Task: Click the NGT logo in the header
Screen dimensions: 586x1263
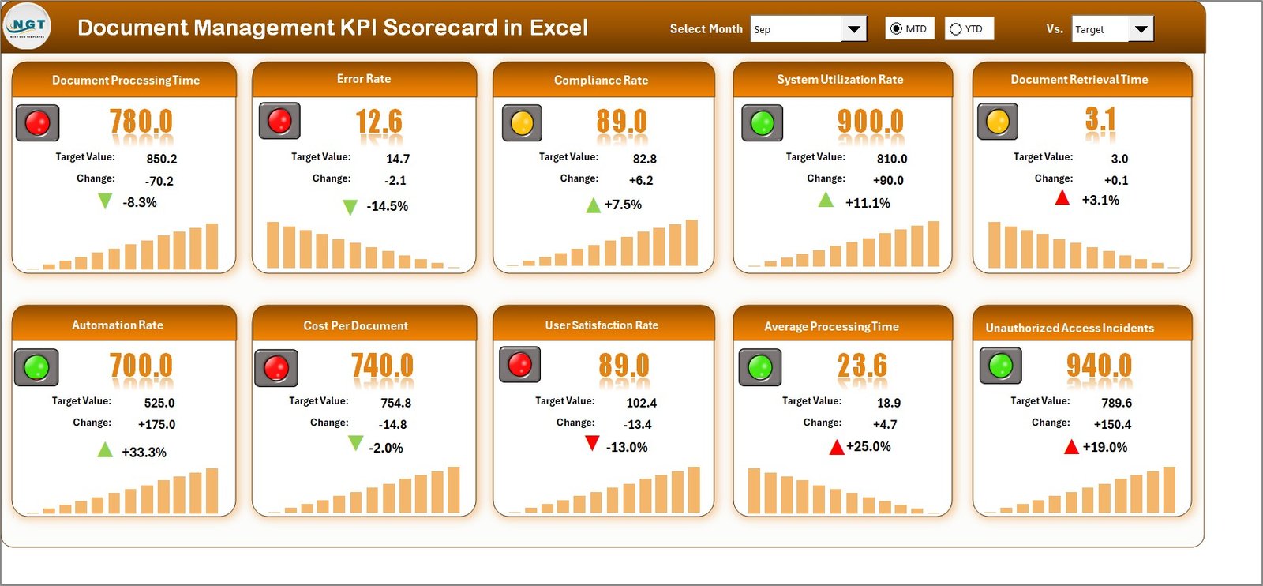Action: [x=28, y=26]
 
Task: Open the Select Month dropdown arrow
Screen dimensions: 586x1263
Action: [x=853, y=29]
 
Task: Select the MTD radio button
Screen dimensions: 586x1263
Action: [x=896, y=29]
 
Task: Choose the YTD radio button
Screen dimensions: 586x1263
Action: [x=956, y=29]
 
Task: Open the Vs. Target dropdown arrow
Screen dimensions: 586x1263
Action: [x=1141, y=30]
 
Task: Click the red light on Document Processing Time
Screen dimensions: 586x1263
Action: [x=37, y=123]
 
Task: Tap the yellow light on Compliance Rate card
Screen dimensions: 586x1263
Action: [x=522, y=123]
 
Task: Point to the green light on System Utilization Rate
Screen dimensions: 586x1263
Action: [x=762, y=123]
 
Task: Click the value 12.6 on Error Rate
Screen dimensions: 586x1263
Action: [x=379, y=122]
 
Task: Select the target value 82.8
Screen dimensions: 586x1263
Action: [x=644, y=159]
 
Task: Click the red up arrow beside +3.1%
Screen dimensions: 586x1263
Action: [x=1062, y=197]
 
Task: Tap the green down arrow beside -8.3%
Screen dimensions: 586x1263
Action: [x=105, y=201]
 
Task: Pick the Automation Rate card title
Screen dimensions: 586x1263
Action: [x=118, y=325]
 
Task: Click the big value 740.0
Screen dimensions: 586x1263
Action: [x=382, y=366]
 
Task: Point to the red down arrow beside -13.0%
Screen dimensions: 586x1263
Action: [x=592, y=444]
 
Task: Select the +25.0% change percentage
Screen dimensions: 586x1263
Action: [x=868, y=447]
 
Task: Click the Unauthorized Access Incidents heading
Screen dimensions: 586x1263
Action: [x=1070, y=328]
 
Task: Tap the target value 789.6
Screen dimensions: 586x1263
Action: [x=1116, y=403]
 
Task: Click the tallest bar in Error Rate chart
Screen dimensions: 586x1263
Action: [x=273, y=245]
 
